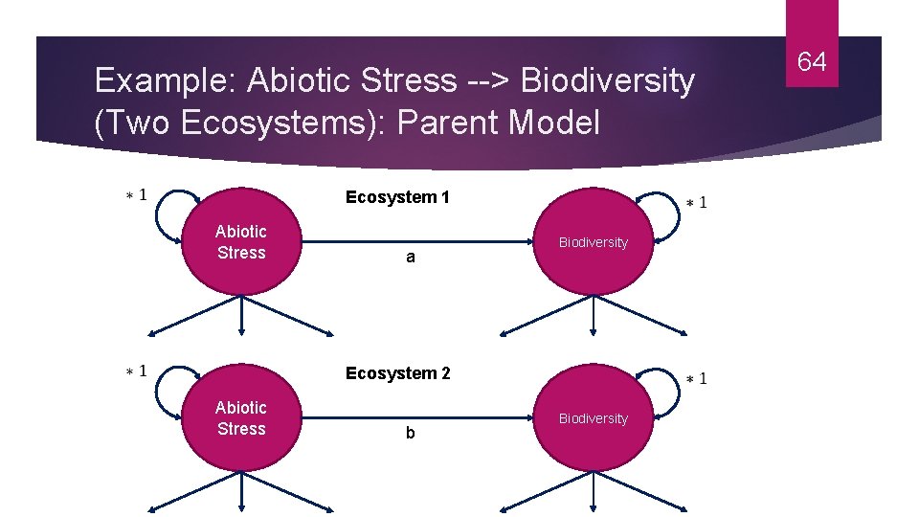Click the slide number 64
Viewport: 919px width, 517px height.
812,63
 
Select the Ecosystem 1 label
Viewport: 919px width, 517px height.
397,197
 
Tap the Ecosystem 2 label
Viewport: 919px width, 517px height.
397,373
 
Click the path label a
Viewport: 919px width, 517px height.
411,258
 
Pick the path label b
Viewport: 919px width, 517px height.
411,433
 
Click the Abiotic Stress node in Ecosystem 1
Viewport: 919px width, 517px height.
241,242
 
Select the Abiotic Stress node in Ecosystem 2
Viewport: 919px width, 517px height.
241,418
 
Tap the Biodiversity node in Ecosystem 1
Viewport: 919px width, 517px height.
594,242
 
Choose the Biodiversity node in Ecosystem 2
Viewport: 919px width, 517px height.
594,418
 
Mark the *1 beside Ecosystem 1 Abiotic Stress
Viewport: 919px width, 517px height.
137,195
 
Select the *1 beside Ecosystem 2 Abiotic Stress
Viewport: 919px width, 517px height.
137,371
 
